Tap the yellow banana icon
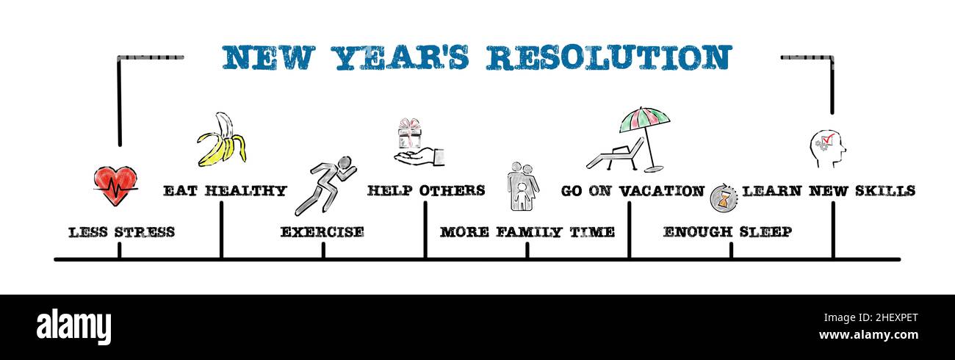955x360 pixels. [220, 140]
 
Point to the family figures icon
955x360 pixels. [522, 187]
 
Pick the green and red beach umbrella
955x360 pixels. [644, 120]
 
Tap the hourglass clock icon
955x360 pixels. [723, 198]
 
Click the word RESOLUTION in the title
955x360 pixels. [609, 58]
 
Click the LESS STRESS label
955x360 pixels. [121, 232]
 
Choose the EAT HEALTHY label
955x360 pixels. [225, 191]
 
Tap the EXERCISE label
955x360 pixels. [322, 232]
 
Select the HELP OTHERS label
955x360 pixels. [426, 191]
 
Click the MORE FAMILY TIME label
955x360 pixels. [527, 232]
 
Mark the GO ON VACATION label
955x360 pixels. [633, 191]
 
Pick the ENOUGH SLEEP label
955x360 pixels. [727, 232]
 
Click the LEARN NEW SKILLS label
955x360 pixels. [829, 191]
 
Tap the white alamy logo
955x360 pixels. [73, 327]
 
